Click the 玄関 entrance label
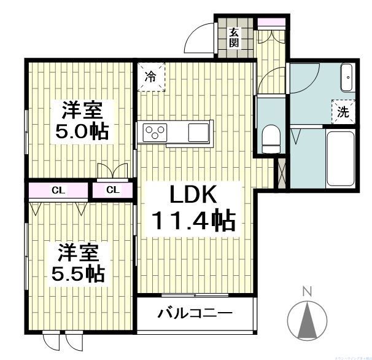click(234, 37)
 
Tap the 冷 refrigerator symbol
click(150, 77)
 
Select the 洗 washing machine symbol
click(343, 112)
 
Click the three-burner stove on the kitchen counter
click(155, 132)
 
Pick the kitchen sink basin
click(198, 132)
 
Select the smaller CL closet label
click(112, 190)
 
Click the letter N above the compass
click(307, 291)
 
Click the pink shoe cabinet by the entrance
click(271, 23)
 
